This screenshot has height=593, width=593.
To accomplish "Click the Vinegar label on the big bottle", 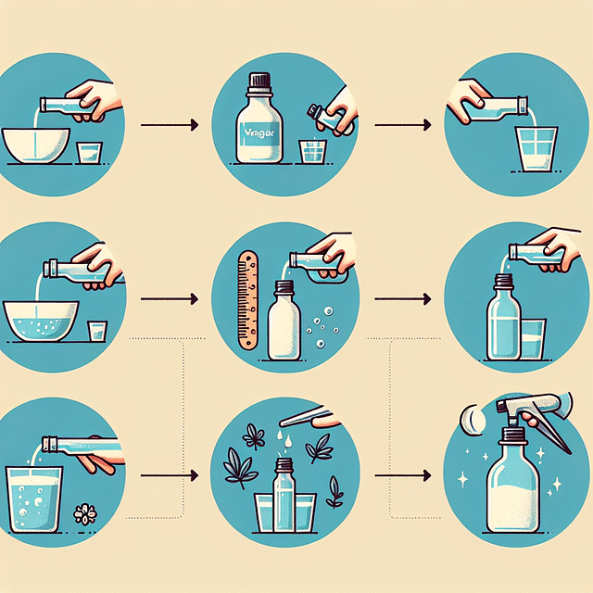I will click(x=259, y=132).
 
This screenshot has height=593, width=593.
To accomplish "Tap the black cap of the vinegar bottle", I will click(x=259, y=82).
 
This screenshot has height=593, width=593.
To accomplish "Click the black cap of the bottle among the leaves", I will click(x=284, y=463).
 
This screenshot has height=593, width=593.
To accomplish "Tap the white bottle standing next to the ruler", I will click(x=284, y=324).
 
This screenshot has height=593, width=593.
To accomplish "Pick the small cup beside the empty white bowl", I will click(x=90, y=152).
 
